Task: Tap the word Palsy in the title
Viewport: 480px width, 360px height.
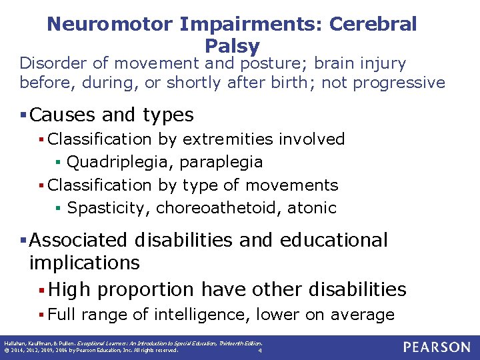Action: [x=232, y=46]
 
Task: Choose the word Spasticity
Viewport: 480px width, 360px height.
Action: [x=109, y=207]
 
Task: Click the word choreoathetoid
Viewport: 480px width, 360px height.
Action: [x=218, y=207]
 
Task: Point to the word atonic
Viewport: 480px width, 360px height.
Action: [x=312, y=207]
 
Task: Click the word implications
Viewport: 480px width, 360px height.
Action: [x=85, y=263]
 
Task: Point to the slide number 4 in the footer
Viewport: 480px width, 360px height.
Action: [x=259, y=351]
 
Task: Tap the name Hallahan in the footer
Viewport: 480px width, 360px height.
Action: [x=13, y=343]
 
